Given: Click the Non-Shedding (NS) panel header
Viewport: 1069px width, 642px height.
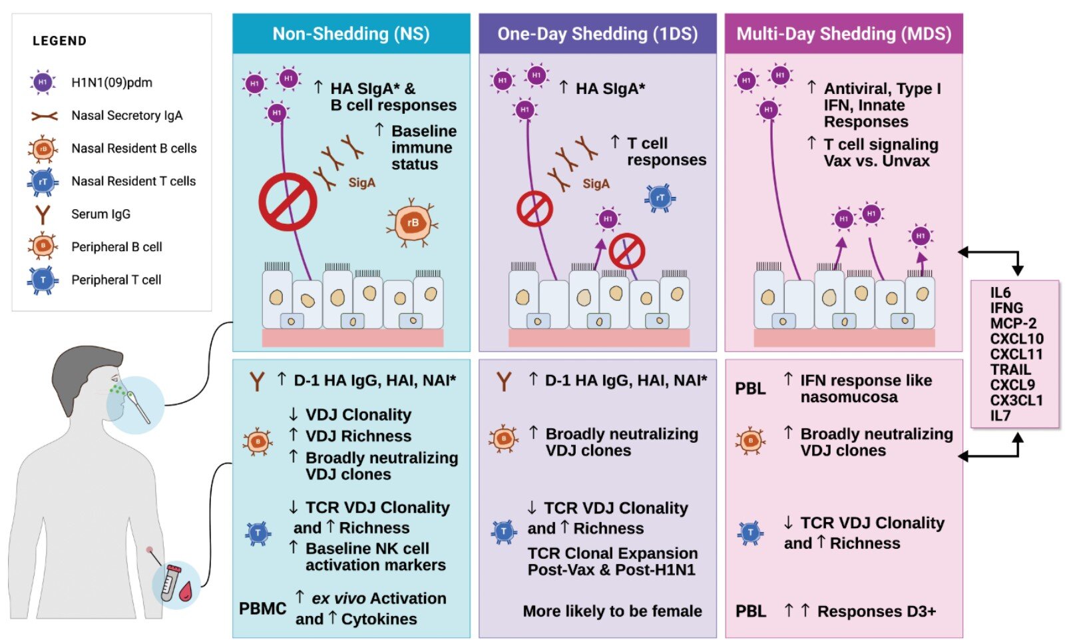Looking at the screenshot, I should point(351,34).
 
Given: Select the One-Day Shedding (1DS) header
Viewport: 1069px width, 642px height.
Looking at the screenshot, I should point(597,34).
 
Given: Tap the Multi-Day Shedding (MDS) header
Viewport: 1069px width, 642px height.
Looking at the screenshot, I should point(843,34).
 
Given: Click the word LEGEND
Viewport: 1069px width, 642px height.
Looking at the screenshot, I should point(59,41).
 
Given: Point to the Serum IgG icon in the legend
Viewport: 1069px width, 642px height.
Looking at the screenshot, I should point(43,214).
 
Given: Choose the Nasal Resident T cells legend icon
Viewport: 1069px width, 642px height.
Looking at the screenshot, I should point(43,182).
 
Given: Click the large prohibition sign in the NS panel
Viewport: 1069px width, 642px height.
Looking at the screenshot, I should point(288,202).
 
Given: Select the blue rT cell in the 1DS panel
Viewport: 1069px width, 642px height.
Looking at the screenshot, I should point(660,198).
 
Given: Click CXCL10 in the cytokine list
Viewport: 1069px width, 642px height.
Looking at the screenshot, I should point(1016,339).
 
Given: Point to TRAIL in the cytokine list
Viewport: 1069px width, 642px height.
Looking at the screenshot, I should point(1010,370).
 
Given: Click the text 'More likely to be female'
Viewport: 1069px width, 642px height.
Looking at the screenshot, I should point(612,611).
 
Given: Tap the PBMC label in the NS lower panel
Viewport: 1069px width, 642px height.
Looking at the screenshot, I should point(262,609).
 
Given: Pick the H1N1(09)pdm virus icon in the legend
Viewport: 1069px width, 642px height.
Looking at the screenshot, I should point(43,83).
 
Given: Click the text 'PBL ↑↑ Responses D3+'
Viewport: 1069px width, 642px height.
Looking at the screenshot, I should point(835,611).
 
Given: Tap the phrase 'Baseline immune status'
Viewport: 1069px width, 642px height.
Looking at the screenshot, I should point(423,148).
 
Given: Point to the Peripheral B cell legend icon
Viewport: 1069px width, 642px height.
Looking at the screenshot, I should point(43,247).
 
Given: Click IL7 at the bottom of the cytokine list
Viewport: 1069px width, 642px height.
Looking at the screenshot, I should point(1000,416).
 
